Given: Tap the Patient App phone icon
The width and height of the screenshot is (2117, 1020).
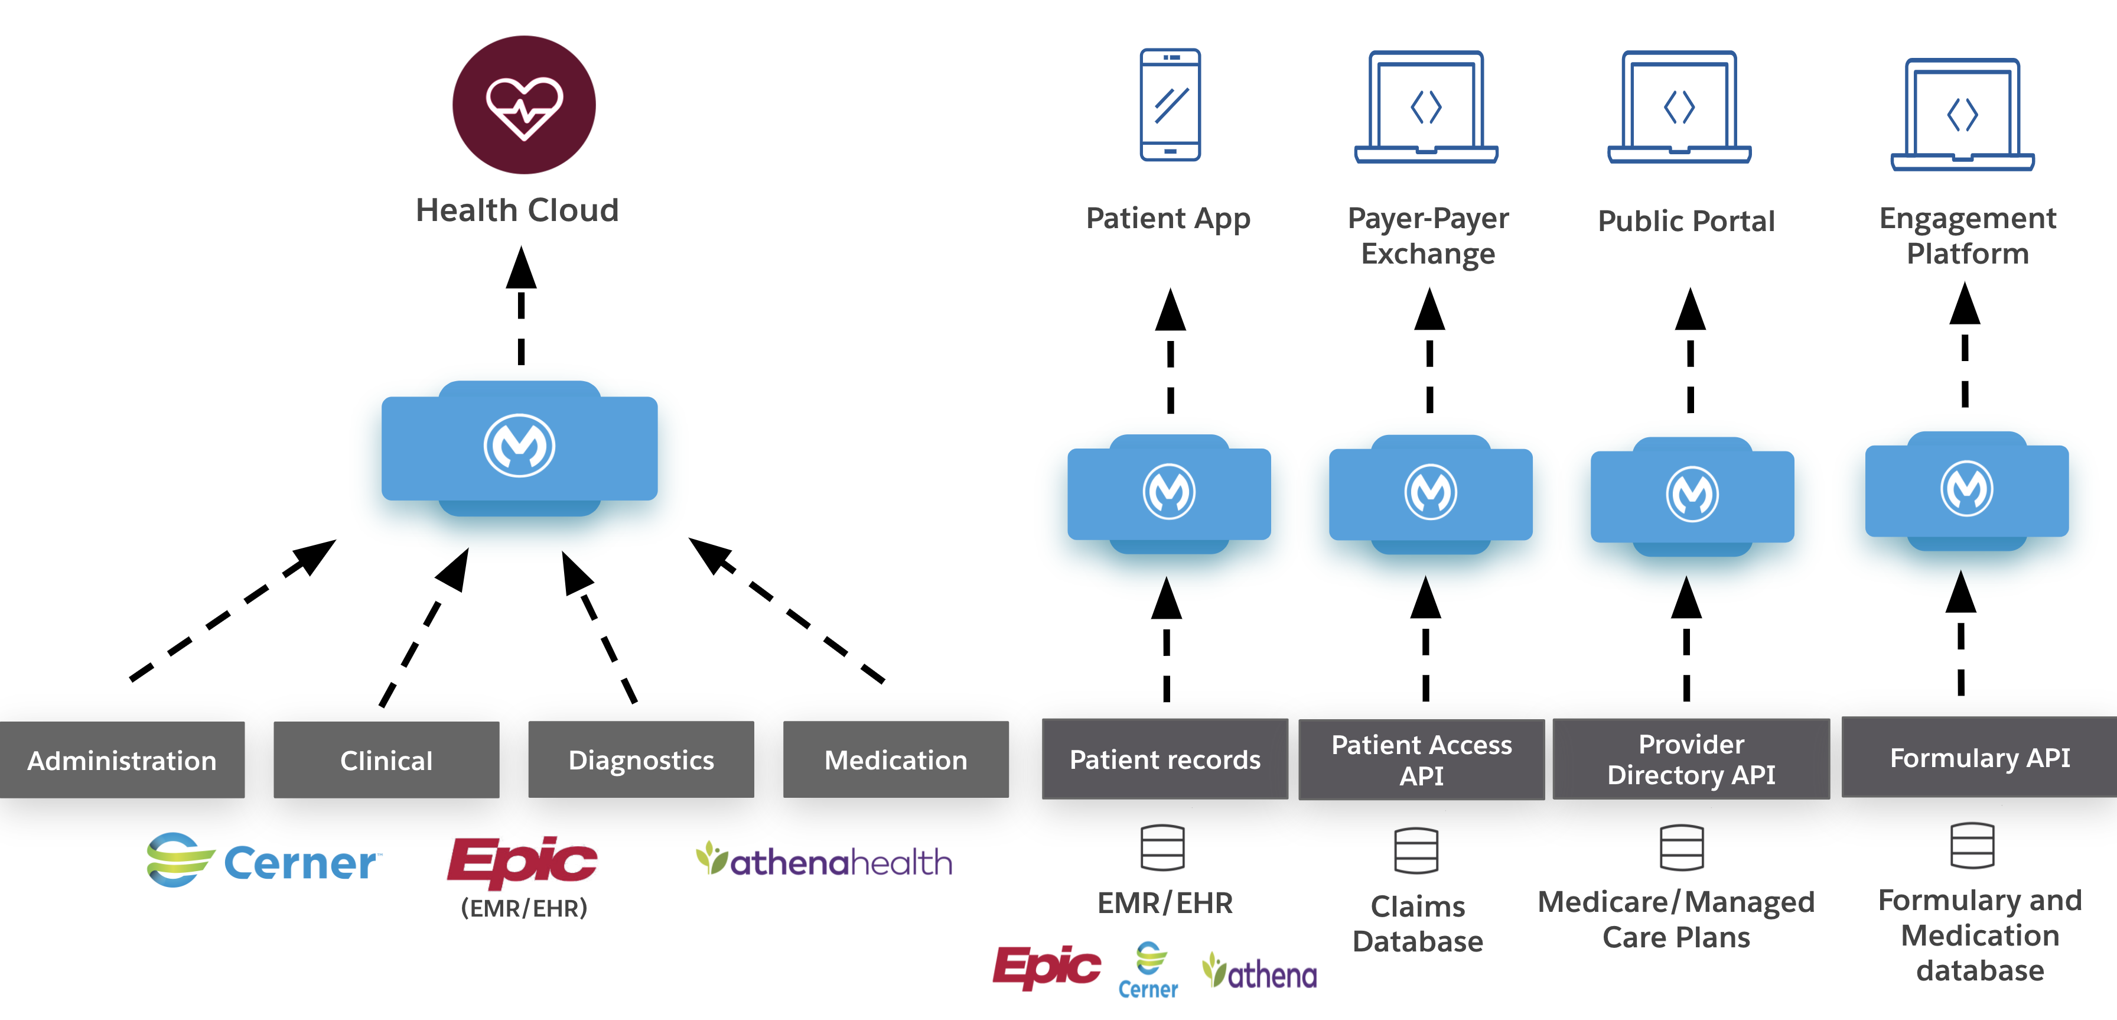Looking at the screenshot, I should point(1170,105).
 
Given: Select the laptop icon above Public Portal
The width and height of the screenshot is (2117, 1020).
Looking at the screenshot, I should point(1679,107).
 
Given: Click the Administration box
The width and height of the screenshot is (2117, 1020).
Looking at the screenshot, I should point(122,759).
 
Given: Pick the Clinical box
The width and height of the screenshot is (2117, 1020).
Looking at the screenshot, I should point(386,759).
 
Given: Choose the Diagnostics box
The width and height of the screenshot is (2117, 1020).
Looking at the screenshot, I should point(641,759).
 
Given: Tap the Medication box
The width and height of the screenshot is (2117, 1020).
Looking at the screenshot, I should point(896,759).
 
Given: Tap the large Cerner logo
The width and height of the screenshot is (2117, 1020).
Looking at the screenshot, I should point(263,860).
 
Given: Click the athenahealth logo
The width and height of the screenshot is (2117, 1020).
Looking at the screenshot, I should point(824,860).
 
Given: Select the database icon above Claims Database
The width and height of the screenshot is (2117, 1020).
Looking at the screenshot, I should point(1416,850).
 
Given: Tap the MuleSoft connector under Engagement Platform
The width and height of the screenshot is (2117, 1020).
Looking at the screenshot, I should point(1966,490).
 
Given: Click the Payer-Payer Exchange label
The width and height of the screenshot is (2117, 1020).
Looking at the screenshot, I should point(1428,236).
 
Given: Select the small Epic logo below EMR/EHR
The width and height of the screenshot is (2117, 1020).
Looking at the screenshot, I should point(1046,967).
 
